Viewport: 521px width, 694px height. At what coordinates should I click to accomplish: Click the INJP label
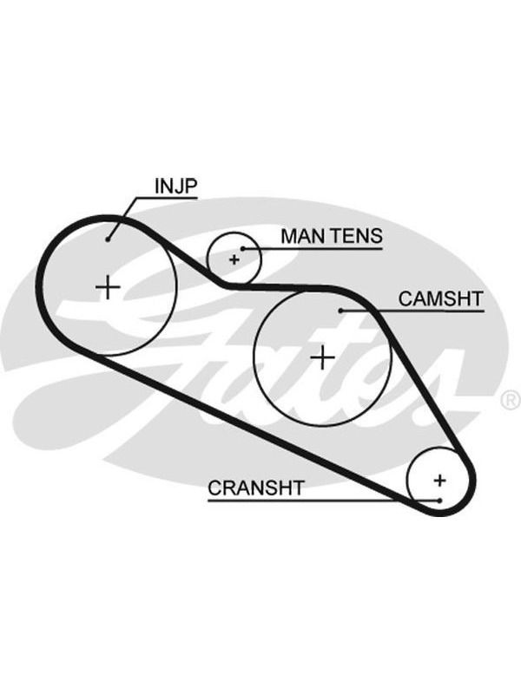(x=175, y=187)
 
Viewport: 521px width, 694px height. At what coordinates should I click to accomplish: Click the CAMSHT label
(x=440, y=298)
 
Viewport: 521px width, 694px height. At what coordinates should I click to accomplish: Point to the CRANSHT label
(x=256, y=488)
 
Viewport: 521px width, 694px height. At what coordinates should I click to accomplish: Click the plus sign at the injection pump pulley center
(x=108, y=288)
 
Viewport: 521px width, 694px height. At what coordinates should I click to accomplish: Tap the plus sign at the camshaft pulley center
(x=322, y=357)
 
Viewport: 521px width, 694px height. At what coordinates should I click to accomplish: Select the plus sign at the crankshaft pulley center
(x=440, y=481)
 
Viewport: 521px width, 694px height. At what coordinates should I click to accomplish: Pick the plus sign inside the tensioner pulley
(x=234, y=259)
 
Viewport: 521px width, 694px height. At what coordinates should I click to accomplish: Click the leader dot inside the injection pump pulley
(x=108, y=239)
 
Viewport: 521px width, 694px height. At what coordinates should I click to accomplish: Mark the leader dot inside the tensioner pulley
(x=243, y=249)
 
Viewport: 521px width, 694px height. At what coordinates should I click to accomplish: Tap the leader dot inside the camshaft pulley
(x=340, y=311)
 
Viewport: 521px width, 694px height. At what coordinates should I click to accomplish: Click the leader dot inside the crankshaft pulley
(x=439, y=501)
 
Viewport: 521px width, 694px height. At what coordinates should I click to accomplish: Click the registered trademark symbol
(x=511, y=400)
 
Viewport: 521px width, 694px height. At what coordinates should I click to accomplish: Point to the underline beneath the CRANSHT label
(x=324, y=501)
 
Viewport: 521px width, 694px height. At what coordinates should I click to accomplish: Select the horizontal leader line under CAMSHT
(x=412, y=311)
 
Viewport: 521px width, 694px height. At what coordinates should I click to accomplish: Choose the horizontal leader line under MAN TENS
(x=313, y=249)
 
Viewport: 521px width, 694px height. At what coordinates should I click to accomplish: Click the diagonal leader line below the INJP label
(x=122, y=219)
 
